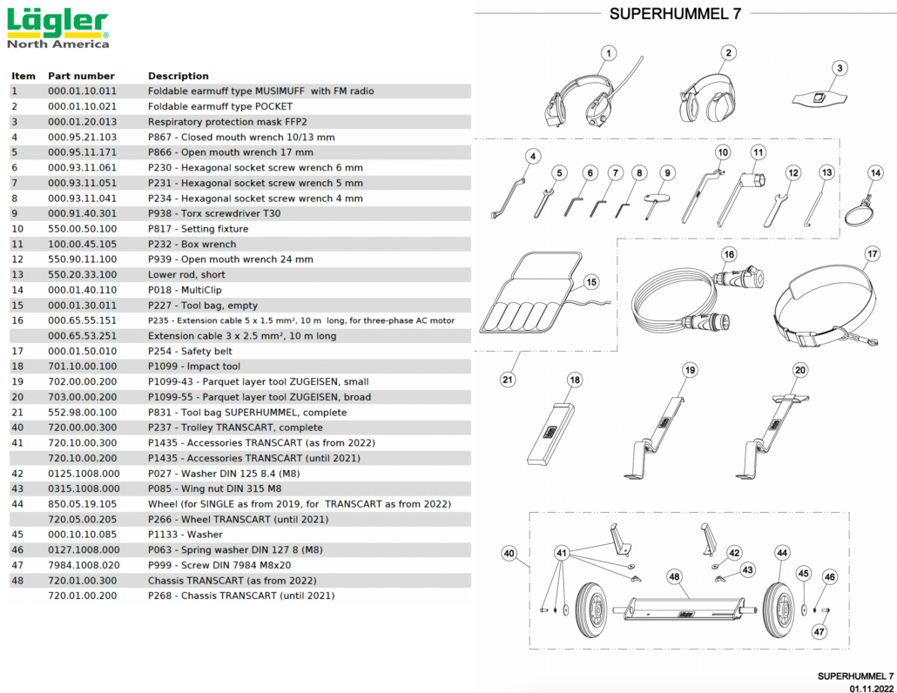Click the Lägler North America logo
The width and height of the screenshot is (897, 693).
[x=57, y=28]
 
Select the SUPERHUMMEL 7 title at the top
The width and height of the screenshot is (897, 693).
[x=675, y=13]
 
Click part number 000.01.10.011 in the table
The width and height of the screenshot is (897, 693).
[x=82, y=91]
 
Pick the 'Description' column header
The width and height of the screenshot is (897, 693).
[x=178, y=76]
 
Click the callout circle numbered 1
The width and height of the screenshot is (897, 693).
[x=608, y=54]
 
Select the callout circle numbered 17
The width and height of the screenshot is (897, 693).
[x=872, y=255]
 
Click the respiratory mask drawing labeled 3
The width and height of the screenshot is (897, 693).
[x=819, y=98]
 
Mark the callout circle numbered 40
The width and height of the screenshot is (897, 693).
[x=509, y=552]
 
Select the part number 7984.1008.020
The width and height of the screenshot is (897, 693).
[x=84, y=565]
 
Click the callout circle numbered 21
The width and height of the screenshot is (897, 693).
[x=507, y=379]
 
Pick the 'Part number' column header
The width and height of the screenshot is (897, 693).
[x=81, y=76]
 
